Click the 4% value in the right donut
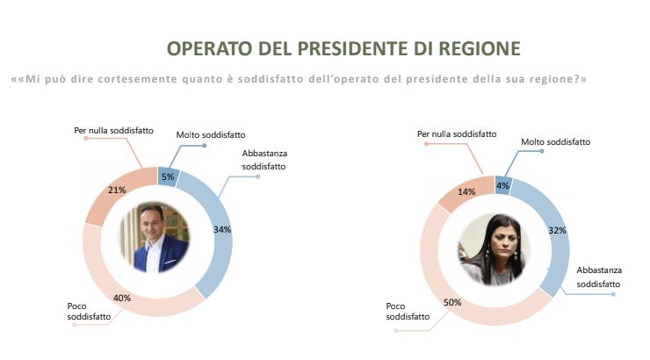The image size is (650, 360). [x=502, y=184]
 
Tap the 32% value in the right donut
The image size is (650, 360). [x=556, y=231]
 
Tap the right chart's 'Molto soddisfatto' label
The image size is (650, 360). [x=555, y=141]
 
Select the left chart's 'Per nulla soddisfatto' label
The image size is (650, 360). [x=114, y=130]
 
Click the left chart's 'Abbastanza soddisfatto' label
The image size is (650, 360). [x=264, y=158]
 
